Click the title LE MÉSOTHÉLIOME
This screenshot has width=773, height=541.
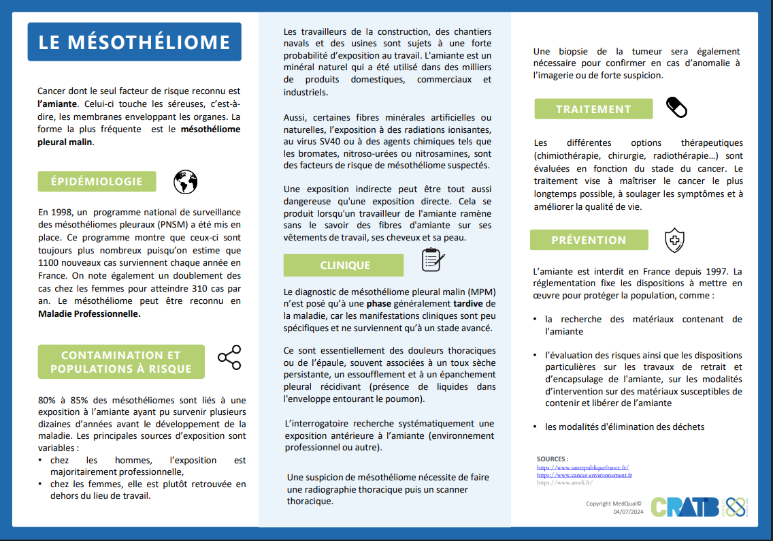click(134, 42)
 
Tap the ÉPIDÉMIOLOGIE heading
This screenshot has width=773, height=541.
click(97, 181)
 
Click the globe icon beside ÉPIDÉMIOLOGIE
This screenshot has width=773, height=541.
click(185, 182)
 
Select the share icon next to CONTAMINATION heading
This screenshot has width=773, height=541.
click(229, 358)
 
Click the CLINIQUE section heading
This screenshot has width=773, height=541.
click(345, 265)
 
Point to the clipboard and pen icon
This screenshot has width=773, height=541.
click(433, 260)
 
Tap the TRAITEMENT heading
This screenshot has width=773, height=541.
click(593, 109)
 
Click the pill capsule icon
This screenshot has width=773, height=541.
click(676, 107)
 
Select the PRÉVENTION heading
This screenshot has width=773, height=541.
click(589, 240)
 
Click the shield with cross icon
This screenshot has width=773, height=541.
click(674, 240)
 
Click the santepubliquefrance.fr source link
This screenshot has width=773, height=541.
click(582, 468)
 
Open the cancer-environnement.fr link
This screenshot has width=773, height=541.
click(584, 475)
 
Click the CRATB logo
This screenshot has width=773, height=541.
click(685, 506)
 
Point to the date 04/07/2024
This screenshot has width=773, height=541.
click(627, 512)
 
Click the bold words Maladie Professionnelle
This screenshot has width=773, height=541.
click(89, 314)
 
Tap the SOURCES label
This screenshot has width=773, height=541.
click(552, 459)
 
